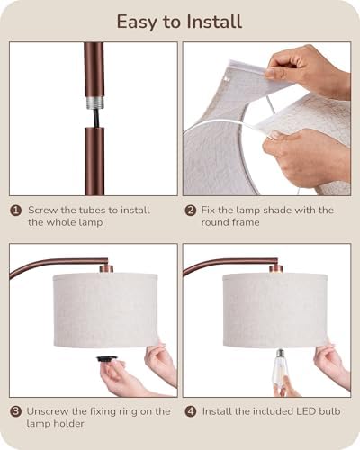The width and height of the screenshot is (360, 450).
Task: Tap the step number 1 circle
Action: (15, 211)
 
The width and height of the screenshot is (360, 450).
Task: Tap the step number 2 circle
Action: (191, 211)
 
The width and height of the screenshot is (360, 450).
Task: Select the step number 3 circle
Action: (15, 411)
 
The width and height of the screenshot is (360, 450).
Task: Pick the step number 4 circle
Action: (191, 411)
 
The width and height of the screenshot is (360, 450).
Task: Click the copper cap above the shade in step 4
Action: (276, 268)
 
